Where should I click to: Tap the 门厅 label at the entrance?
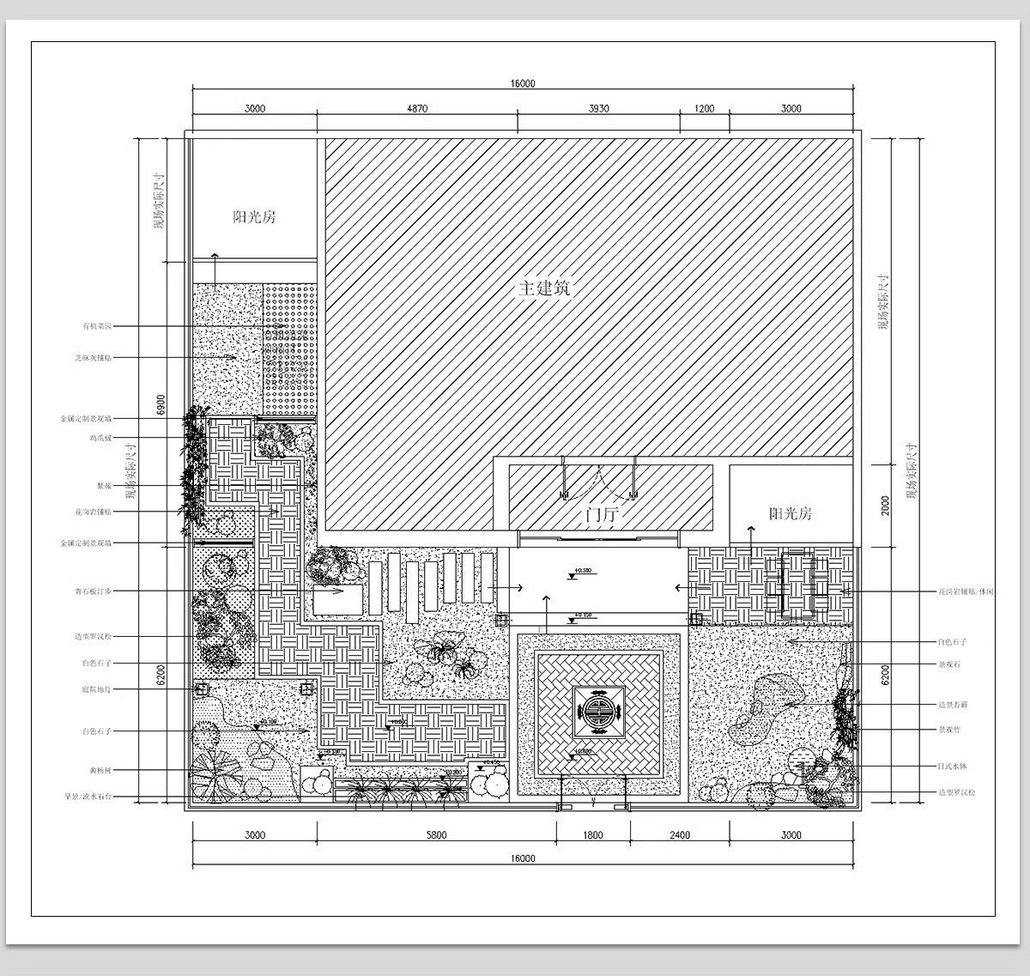[x=602, y=517]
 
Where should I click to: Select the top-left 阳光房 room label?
[x=254, y=217]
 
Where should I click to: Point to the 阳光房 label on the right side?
[x=791, y=513]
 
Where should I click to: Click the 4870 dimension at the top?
[x=416, y=109]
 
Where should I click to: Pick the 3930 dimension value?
[x=598, y=109]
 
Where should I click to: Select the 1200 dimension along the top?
[x=704, y=109]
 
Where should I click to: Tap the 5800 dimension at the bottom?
[x=436, y=834]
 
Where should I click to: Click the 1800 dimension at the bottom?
[x=593, y=834]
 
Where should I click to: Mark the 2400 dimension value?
[x=679, y=834]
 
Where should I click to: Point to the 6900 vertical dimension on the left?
[x=161, y=404]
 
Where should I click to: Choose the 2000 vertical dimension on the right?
[x=885, y=505]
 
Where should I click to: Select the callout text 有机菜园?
[x=97, y=326]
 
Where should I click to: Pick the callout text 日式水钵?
[x=952, y=766]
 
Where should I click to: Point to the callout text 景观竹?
[x=948, y=730]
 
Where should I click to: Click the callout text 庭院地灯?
[x=96, y=689]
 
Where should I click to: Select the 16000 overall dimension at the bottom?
[x=522, y=858]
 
